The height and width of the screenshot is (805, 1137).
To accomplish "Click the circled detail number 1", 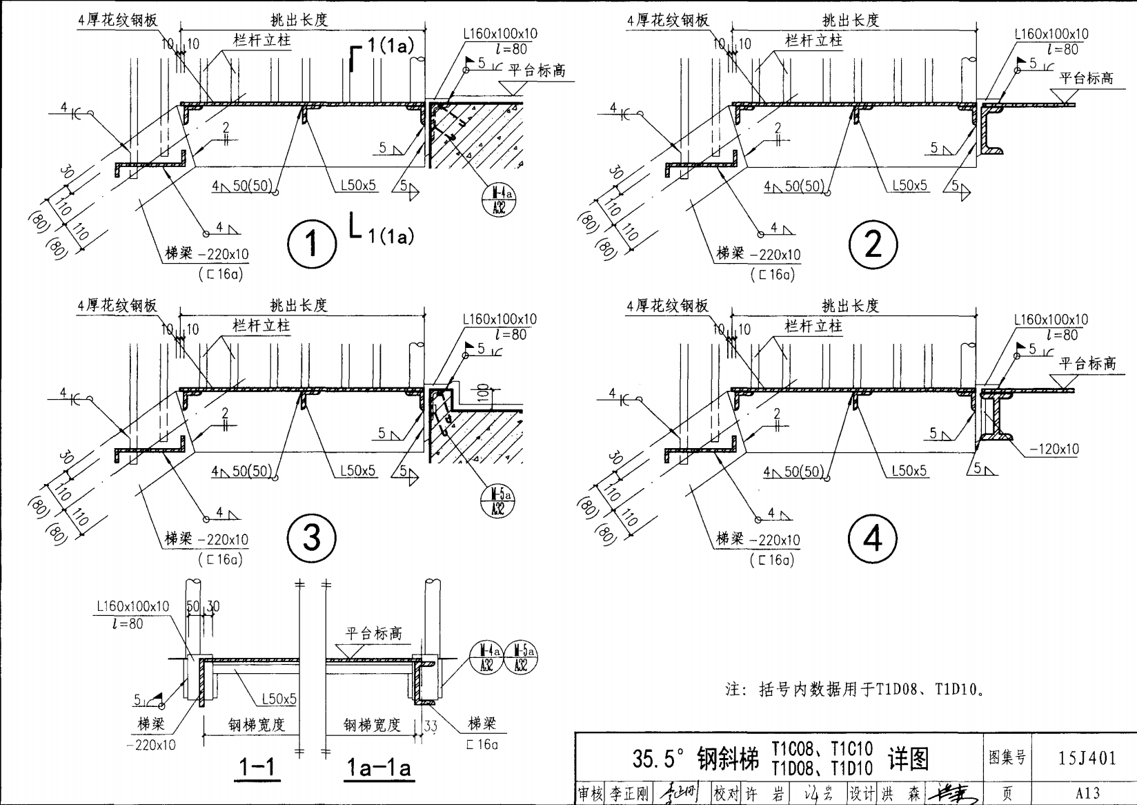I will [312, 243].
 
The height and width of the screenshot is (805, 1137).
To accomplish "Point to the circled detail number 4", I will [873, 539].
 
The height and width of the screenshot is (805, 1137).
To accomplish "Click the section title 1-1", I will [257, 768].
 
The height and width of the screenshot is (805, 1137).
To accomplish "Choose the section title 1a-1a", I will [378, 768].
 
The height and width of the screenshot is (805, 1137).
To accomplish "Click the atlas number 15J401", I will [1087, 758].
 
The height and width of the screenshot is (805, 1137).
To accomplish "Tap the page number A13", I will [1087, 793].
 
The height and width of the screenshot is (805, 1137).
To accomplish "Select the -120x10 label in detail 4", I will [1054, 449].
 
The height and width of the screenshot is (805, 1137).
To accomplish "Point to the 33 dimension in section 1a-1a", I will [431, 726].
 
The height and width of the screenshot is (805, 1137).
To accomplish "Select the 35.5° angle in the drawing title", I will [659, 759].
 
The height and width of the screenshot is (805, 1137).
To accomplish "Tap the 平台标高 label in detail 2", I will [1087, 79].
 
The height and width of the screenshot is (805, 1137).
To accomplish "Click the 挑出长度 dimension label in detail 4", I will [850, 306].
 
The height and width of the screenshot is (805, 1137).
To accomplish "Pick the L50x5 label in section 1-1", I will [279, 699].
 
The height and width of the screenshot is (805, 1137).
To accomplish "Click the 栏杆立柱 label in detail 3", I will [261, 325].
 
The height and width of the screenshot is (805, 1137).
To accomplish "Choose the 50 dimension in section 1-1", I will [193, 606].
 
